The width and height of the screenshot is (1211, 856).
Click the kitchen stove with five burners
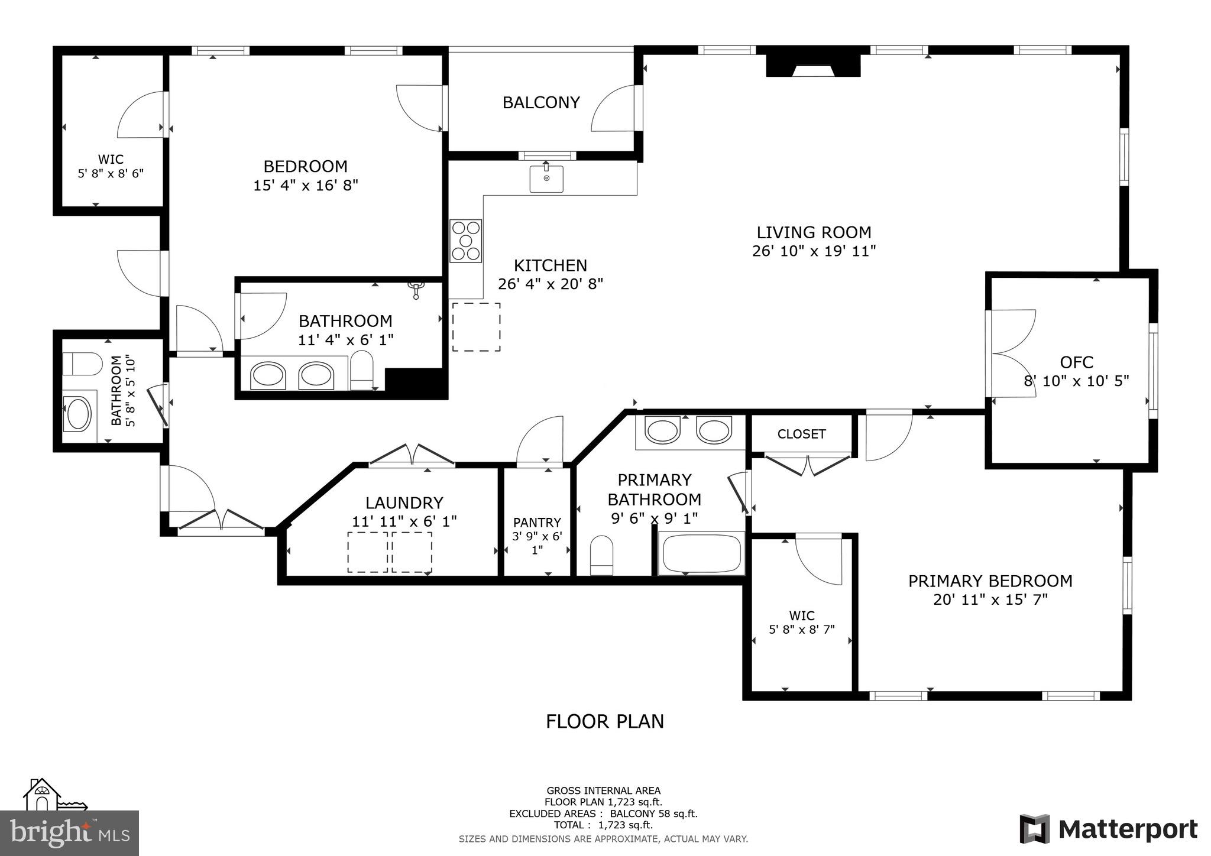[466, 241]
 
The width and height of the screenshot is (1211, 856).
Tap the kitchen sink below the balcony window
[546, 179]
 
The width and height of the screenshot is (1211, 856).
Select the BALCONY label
[540, 103]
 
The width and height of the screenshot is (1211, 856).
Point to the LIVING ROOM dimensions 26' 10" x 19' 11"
[814, 251]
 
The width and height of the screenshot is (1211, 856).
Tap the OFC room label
[1076, 362]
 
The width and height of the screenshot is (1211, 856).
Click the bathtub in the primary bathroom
[701, 553]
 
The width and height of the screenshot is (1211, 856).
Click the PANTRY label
[537, 523]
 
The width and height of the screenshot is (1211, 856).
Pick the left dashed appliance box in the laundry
[367, 552]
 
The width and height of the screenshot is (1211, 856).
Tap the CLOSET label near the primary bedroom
[801, 434]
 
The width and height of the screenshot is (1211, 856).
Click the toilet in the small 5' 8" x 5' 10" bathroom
[82, 364]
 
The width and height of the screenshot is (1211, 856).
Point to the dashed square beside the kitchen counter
[477, 327]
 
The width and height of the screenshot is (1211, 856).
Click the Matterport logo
[1108, 829]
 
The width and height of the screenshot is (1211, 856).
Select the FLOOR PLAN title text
[604, 722]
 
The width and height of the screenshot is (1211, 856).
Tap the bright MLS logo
[70, 833]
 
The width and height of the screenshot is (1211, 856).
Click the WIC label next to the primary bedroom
[801, 615]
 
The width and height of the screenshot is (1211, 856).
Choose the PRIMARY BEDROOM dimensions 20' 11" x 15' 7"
[990, 600]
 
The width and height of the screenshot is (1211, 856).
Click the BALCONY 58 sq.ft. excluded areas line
[603, 813]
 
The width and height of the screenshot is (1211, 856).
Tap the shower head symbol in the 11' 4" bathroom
[417, 290]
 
